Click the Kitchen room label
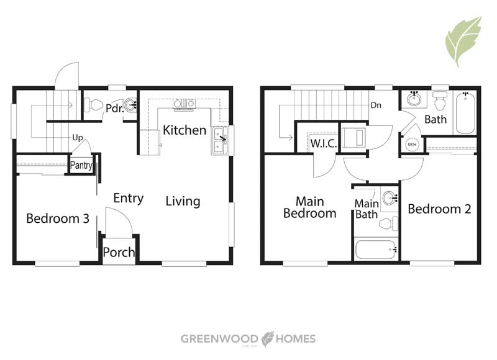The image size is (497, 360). coord(185,130)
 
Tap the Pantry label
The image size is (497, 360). coord(81,165)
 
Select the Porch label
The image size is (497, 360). coord(119,253)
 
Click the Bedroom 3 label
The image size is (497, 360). coord(58,218)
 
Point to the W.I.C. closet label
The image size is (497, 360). coord(323,143)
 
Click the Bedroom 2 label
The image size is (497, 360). coord(439,209)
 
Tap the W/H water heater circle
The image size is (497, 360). coord(412,145)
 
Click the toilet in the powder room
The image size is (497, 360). coord(93,105)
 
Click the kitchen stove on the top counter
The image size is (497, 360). coord(184,104)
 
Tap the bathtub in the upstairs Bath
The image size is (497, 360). coord(465,112)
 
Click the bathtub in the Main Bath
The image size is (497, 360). coord(376,250)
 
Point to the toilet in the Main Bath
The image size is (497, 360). coord(388,224)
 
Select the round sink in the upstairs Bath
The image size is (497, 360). coord(414,99)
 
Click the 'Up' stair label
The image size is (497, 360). coord(78,138)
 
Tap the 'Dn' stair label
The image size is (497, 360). coord(376,105)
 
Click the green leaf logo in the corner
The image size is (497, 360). coord(463,41)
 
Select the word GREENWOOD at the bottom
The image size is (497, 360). coord(219,339)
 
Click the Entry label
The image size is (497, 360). coord(129,199)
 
